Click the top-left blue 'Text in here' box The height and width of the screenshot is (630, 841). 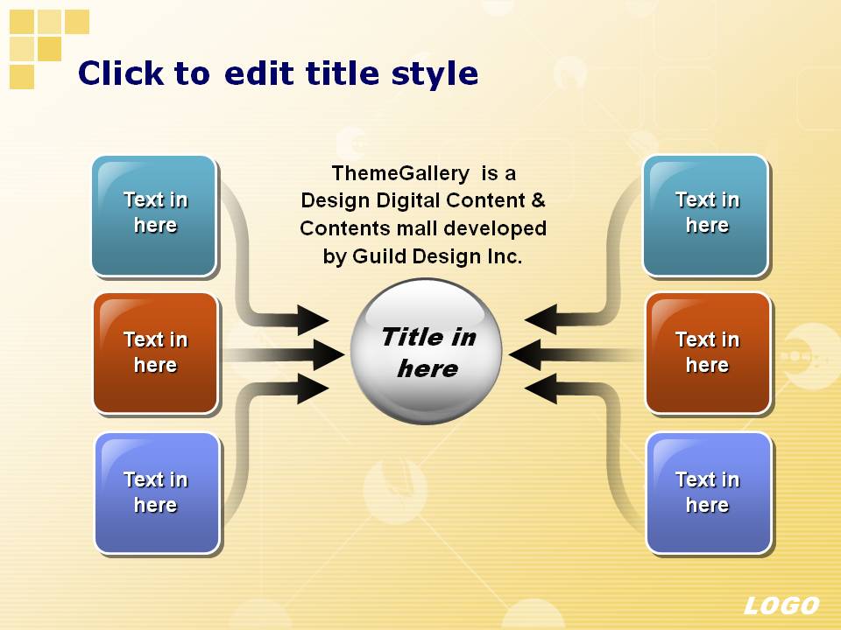click(154, 216)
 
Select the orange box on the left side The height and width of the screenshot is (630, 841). click(156, 353)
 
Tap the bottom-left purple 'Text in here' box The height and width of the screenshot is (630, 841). click(157, 493)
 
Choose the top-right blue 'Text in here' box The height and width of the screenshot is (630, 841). click(706, 216)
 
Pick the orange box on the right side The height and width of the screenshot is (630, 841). click(708, 353)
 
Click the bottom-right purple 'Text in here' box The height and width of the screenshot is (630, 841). click(709, 493)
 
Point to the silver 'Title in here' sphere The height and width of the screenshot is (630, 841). click(427, 352)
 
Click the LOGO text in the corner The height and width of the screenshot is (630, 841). click(781, 605)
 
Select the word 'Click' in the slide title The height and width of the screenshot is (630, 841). click(121, 73)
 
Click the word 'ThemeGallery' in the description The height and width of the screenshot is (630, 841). click(400, 173)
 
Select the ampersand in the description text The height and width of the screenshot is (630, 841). click(538, 200)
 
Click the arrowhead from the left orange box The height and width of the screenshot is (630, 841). click(329, 354)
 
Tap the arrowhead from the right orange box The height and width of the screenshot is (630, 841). click(525, 354)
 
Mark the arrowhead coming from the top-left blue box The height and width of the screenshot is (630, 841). click(314, 320)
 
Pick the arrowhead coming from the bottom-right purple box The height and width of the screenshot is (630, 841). click(541, 388)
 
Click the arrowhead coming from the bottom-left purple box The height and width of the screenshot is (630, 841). click(314, 388)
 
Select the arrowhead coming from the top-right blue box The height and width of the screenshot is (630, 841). click(541, 320)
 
